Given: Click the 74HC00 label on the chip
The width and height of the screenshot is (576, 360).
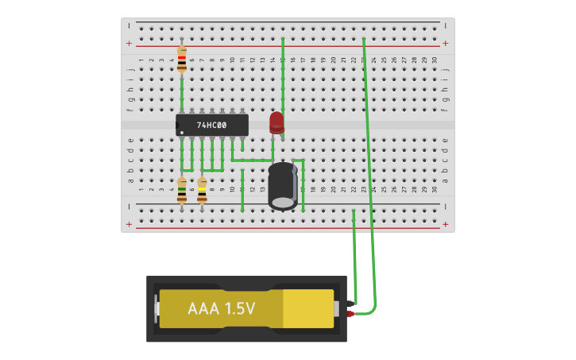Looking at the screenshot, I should pyautogui.click(x=212, y=126).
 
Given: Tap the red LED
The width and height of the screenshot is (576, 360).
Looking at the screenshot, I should pyautogui.click(x=276, y=122).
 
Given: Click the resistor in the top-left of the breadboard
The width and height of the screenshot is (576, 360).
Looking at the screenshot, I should pyautogui.click(x=182, y=60).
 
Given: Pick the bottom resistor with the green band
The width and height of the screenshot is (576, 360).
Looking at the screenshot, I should pyautogui.click(x=182, y=191).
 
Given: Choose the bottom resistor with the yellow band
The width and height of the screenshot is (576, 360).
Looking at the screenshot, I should pyautogui.click(x=202, y=191).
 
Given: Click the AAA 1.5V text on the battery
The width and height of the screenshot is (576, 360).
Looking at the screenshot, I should pyautogui.click(x=221, y=308).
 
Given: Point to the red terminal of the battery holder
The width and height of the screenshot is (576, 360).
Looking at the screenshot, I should pyautogui.click(x=350, y=314).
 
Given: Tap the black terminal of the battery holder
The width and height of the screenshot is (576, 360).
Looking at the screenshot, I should pyautogui.click(x=350, y=303).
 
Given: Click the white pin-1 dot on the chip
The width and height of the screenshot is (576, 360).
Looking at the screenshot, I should pyautogui.click(x=182, y=132).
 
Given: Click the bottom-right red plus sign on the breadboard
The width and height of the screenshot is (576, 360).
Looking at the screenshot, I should pyautogui.click(x=445, y=225).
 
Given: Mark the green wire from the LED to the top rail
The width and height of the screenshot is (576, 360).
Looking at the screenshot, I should pyautogui.click(x=283, y=75).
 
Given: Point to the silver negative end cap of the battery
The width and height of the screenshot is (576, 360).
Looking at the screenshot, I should pyautogui.click(x=157, y=308).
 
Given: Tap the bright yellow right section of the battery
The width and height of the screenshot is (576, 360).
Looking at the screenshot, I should pyautogui.click(x=308, y=308).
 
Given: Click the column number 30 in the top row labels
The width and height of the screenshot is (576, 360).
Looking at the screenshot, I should pyautogui.click(x=434, y=60).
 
